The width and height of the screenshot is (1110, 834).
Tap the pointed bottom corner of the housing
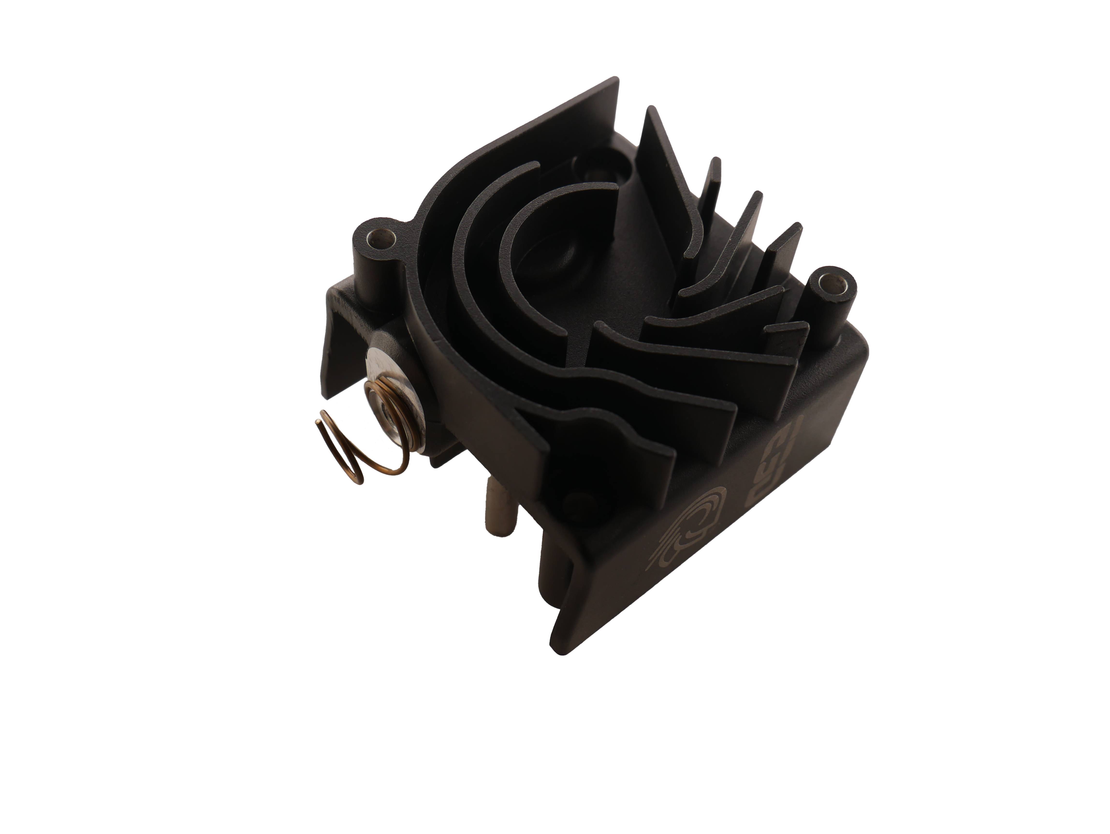(562, 653)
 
